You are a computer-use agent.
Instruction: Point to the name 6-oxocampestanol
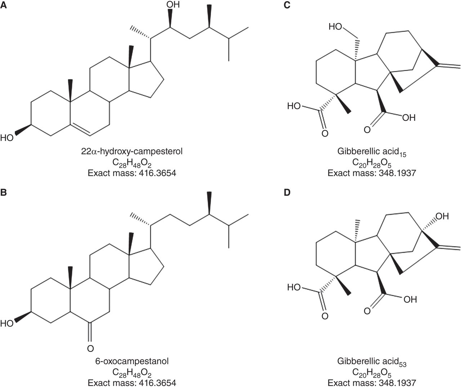click(132, 361)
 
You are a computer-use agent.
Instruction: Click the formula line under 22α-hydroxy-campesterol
click(132, 163)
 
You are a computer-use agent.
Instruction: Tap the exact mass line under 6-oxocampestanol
click(132, 382)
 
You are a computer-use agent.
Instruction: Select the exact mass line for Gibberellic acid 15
click(372, 173)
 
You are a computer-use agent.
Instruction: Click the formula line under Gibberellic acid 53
click(372, 372)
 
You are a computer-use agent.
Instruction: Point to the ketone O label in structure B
click(90, 348)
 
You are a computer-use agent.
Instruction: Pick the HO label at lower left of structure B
click(7, 323)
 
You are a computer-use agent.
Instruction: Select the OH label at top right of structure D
click(442, 216)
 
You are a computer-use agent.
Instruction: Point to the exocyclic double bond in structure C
click(449, 66)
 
